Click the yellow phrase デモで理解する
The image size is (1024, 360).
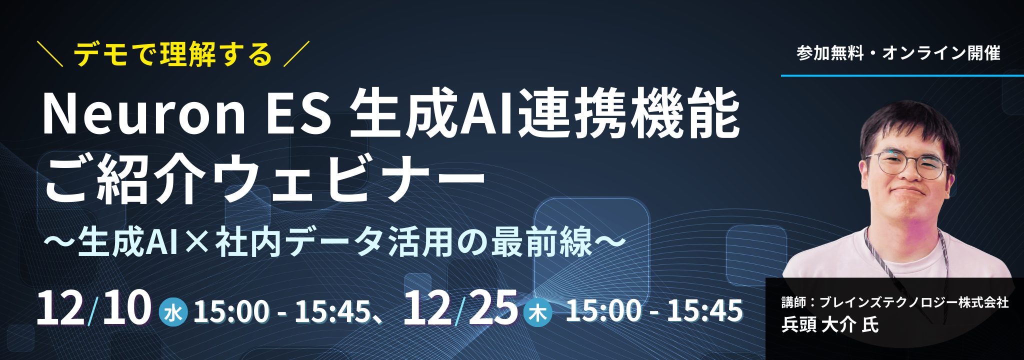(x=173, y=54)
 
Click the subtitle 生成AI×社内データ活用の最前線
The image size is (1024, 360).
(x=335, y=241)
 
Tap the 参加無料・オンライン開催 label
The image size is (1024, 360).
(x=898, y=53)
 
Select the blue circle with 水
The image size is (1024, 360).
(x=173, y=313)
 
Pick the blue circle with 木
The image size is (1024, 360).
(x=538, y=313)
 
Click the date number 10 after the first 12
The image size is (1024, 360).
(x=126, y=308)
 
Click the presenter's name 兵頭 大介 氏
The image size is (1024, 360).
(x=830, y=325)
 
